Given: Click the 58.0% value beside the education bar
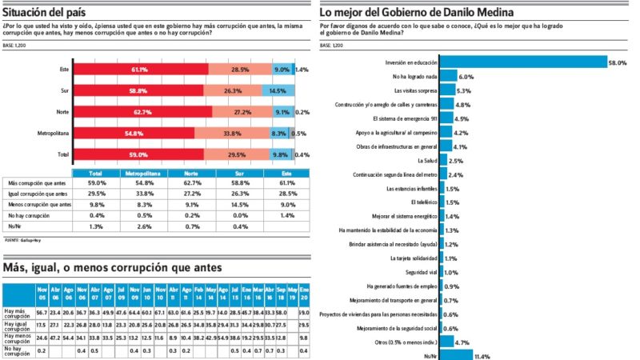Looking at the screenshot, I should (x=618, y=62).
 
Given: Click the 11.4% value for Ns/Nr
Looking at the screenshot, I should (x=484, y=356).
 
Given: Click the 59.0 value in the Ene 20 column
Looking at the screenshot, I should (x=304, y=312).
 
